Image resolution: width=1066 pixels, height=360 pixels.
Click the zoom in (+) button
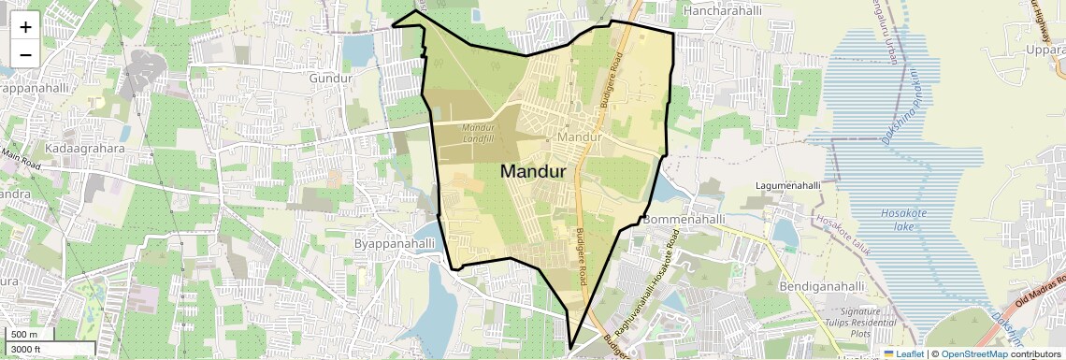(25, 27)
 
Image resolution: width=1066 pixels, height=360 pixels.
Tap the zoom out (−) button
(25, 54)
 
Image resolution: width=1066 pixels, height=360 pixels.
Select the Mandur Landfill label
(477, 134)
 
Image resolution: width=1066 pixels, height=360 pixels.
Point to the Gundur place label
(330, 78)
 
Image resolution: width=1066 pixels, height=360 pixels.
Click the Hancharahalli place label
(723, 10)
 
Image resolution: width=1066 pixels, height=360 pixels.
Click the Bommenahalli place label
(684, 220)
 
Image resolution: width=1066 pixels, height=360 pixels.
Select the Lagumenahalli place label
(787, 186)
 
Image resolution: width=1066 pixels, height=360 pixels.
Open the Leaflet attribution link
(903, 353)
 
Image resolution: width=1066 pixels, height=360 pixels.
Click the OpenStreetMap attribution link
(974, 353)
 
